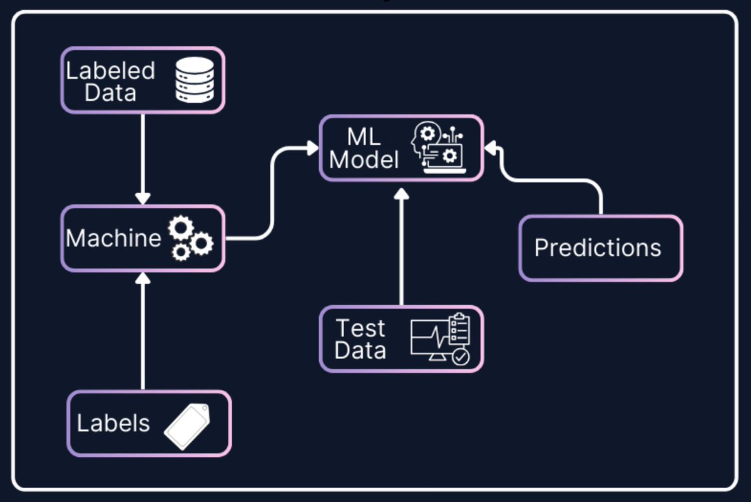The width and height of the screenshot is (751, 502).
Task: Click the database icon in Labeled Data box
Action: click(x=194, y=80)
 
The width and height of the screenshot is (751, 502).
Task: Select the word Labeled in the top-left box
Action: click(x=111, y=70)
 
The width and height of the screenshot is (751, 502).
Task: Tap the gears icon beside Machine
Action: click(x=190, y=238)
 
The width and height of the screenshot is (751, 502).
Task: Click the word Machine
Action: click(x=113, y=238)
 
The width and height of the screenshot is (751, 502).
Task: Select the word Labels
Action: click(x=113, y=423)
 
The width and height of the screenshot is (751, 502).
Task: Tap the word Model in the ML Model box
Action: click(x=364, y=160)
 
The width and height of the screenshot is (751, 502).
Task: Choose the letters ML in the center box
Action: click(x=364, y=137)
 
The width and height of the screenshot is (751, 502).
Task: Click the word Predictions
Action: click(x=598, y=248)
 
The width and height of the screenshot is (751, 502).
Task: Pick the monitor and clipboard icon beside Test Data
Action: click(x=440, y=339)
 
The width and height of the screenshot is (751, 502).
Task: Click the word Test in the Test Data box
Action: click(x=360, y=328)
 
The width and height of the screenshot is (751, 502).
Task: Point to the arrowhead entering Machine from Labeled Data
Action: click(x=143, y=198)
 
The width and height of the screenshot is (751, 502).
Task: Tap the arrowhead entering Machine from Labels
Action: click(x=143, y=278)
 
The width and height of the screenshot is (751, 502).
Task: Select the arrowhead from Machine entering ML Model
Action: click(x=313, y=148)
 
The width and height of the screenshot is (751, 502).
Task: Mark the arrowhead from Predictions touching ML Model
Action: click(x=491, y=148)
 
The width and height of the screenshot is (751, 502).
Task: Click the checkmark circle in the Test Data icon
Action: click(x=461, y=357)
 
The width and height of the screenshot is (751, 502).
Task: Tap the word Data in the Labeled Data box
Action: click(x=111, y=93)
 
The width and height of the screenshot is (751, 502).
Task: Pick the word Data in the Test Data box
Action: click(x=360, y=350)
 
